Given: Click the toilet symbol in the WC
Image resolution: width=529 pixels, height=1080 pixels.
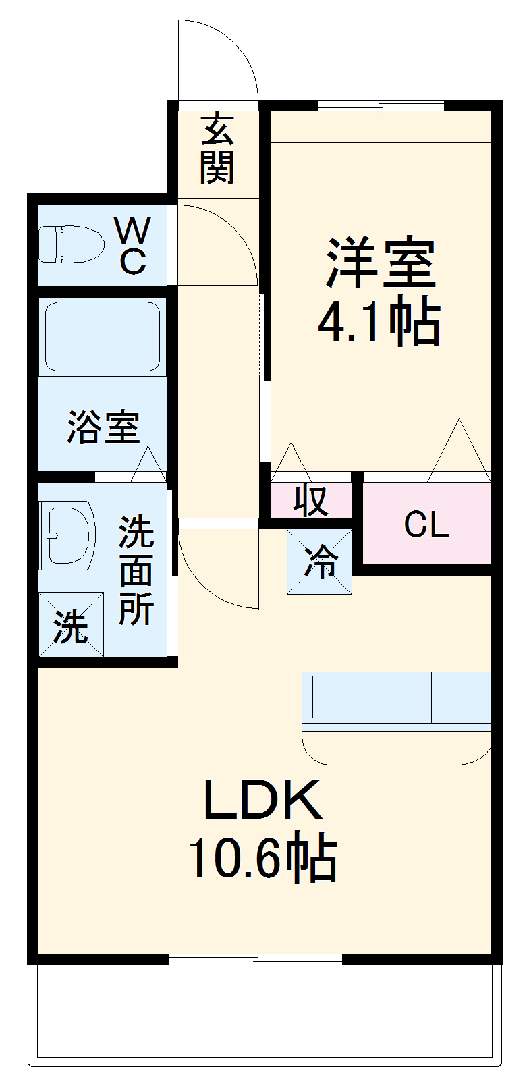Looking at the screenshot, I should click(x=70, y=244).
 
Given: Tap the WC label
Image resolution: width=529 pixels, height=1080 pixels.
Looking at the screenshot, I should click(x=133, y=246).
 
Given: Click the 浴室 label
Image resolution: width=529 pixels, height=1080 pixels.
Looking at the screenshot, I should click(x=103, y=427).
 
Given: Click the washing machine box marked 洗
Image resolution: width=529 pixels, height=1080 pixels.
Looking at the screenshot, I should click(x=72, y=624).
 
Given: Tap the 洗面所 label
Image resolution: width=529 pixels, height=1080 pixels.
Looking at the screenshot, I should click(x=136, y=571).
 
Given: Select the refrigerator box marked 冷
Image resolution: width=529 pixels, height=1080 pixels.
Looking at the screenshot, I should click(x=320, y=562).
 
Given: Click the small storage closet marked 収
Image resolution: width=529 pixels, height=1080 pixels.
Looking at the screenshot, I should click(x=311, y=500).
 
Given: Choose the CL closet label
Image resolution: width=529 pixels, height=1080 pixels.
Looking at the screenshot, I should click(x=426, y=524).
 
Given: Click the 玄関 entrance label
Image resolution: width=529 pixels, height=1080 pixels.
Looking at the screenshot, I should click(x=217, y=149).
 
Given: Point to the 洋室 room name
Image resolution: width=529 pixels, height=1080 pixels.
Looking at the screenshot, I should click(x=381, y=263).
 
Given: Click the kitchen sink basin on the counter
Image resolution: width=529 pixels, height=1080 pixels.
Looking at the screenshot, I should click(x=350, y=696).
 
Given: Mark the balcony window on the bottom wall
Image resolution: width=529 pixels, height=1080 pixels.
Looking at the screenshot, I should click(x=256, y=959).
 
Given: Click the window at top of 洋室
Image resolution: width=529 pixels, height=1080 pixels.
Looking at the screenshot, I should click(x=381, y=105).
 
